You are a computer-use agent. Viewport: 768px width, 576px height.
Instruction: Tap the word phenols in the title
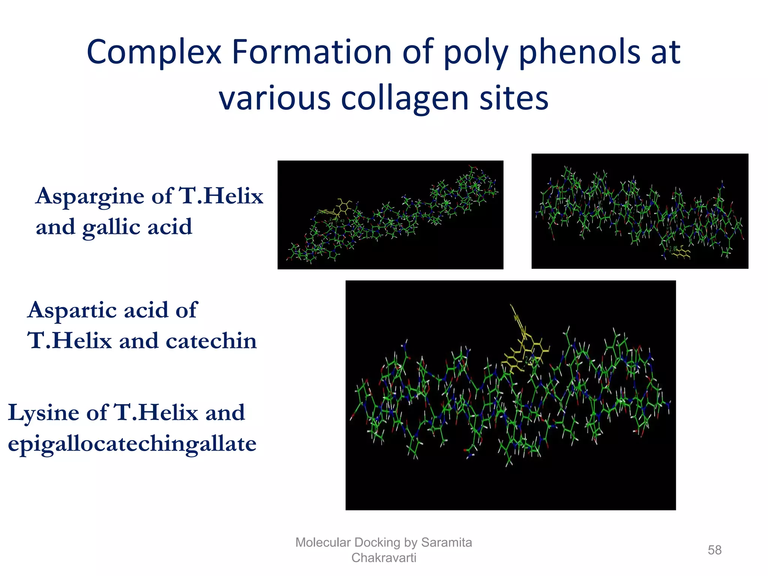[x=580, y=52]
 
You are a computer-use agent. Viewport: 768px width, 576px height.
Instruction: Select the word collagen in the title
[x=405, y=98]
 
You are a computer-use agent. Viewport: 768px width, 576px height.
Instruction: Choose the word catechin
[x=211, y=341]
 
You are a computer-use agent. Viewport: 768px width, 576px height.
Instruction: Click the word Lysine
[x=43, y=413]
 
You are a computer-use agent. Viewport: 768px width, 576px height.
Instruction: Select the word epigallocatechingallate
[x=132, y=444]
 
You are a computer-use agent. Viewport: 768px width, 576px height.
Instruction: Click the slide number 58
[x=714, y=550]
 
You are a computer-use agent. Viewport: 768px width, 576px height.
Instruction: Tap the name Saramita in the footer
[x=446, y=542]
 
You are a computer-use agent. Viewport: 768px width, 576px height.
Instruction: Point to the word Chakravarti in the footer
[x=384, y=558]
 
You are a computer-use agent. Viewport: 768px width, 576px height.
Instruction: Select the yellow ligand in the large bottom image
[x=523, y=349]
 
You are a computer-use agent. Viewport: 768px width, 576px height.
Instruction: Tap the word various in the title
[x=274, y=98]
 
